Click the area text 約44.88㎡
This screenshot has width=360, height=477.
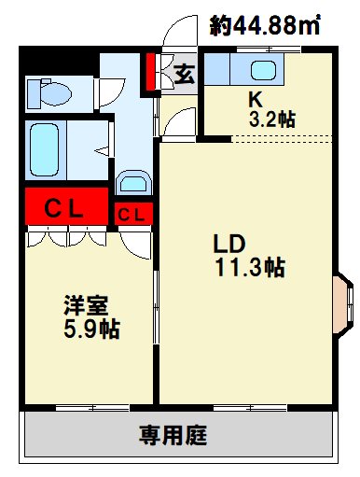265,26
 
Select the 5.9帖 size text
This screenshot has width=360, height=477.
91,329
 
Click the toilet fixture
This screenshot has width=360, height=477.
52,93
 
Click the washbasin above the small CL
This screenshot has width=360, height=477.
133,183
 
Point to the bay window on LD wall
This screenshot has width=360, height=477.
343,302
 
